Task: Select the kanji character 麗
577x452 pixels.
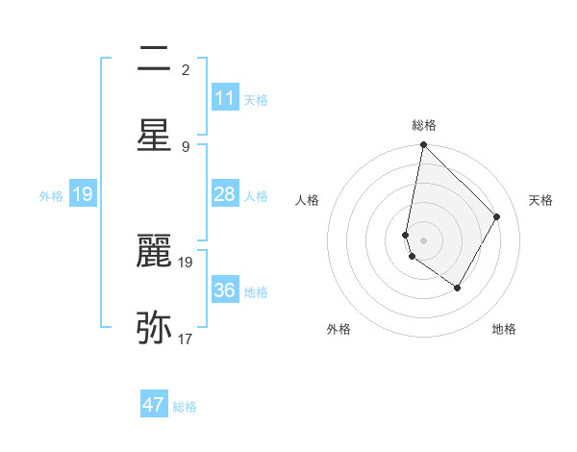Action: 154,253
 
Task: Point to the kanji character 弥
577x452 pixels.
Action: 154,328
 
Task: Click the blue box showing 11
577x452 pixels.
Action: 225,98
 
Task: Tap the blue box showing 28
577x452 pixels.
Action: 225,194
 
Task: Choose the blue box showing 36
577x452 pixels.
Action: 225,290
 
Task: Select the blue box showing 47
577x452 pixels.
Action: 154,405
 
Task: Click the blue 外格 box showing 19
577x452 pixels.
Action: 83,194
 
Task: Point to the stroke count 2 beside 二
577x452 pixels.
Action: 186,69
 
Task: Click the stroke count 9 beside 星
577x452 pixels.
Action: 186,146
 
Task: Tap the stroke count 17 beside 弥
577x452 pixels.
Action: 186,339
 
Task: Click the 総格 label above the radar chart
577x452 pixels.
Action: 423,125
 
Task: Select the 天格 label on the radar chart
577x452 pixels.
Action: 541,200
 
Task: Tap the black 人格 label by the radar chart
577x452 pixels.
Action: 307,200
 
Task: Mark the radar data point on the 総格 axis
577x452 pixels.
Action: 423,145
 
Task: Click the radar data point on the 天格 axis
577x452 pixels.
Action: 497,216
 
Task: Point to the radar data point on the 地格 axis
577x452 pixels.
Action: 458,288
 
